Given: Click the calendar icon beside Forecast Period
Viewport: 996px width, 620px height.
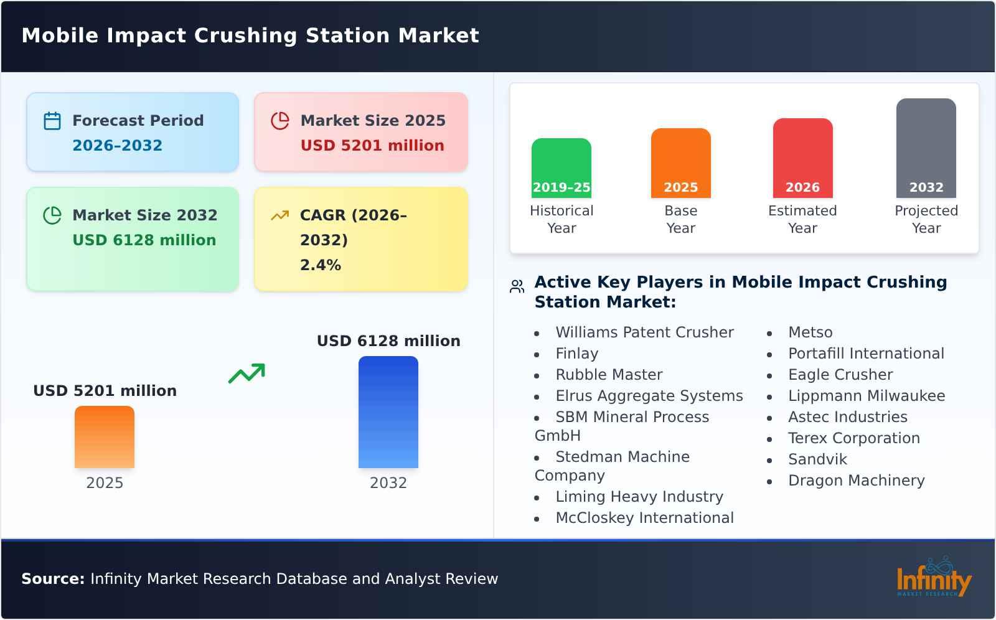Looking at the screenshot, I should (x=52, y=121).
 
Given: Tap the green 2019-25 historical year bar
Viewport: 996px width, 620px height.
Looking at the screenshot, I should (x=561, y=167).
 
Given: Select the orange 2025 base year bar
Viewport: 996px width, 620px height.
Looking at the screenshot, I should (x=680, y=162).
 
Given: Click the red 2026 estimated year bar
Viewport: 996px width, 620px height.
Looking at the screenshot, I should (x=802, y=157).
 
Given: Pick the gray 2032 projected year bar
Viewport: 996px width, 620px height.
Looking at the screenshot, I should (x=926, y=148).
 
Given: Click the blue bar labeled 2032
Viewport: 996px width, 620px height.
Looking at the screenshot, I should (x=388, y=411).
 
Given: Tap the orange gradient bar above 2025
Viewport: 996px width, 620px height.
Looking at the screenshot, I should (x=105, y=436).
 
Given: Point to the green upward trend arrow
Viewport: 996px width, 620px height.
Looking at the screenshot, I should (x=247, y=373).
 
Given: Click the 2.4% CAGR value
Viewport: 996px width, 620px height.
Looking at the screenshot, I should (x=320, y=265).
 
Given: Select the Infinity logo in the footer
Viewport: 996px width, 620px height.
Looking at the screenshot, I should (x=933, y=578).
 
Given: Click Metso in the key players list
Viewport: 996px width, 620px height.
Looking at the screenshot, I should (x=810, y=332).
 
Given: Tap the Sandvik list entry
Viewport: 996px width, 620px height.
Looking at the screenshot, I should (x=817, y=459).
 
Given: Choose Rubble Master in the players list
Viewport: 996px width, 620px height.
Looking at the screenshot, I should (x=608, y=375).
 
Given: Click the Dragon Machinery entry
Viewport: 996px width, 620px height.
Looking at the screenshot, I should (x=856, y=481).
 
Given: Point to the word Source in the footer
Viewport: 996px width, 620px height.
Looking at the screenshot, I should (x=52, y=579).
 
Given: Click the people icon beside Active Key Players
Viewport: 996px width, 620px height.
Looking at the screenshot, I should (x=517, y=286).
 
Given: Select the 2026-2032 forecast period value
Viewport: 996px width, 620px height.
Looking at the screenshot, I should (x=117, y=146).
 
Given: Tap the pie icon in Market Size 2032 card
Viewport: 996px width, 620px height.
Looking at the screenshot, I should (x=52, y=215).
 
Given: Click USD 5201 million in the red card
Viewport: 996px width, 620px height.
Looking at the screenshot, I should (x=372, y=146).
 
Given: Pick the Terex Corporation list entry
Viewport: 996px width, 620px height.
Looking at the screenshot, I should (x=853, y=438).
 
